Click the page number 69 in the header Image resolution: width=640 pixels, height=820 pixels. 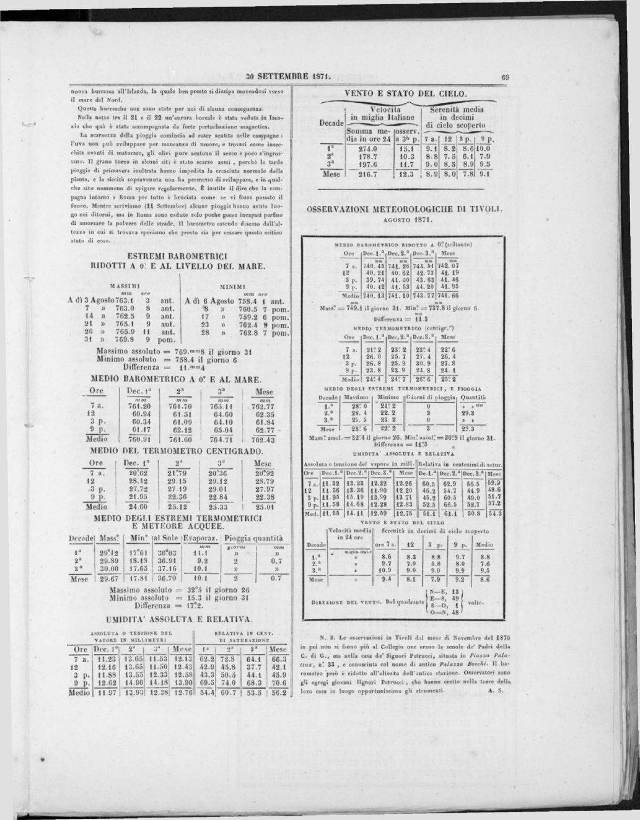tap(505, 78)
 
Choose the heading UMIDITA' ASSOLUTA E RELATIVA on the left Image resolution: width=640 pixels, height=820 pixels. tap(179, 619)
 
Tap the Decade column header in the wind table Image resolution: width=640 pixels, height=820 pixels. tap(332, 123)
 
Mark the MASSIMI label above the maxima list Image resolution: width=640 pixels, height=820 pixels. tap(125, 287)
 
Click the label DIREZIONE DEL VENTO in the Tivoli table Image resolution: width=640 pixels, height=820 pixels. tap(350, 601)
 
